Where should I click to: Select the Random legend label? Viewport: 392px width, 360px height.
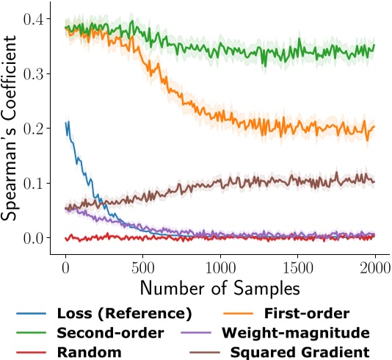pyautogui.click(x=90, y=352)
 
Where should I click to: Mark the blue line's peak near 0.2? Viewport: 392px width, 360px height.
pyautogui.click(x=68, y=122)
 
